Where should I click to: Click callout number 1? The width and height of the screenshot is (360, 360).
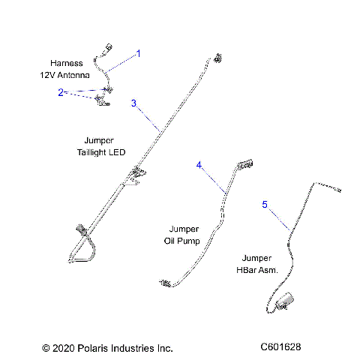pos(138,54)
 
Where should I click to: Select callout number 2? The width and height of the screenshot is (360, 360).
pos(60,92)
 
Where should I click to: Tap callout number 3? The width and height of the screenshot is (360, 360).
pos(133,103)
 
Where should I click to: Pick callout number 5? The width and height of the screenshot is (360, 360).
pos(264,204)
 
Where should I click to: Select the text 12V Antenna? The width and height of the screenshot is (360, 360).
pos(64,76)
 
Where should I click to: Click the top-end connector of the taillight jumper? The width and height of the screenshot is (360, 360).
pos(219,57)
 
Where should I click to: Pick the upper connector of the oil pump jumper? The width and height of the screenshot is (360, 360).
pos(247,163)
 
